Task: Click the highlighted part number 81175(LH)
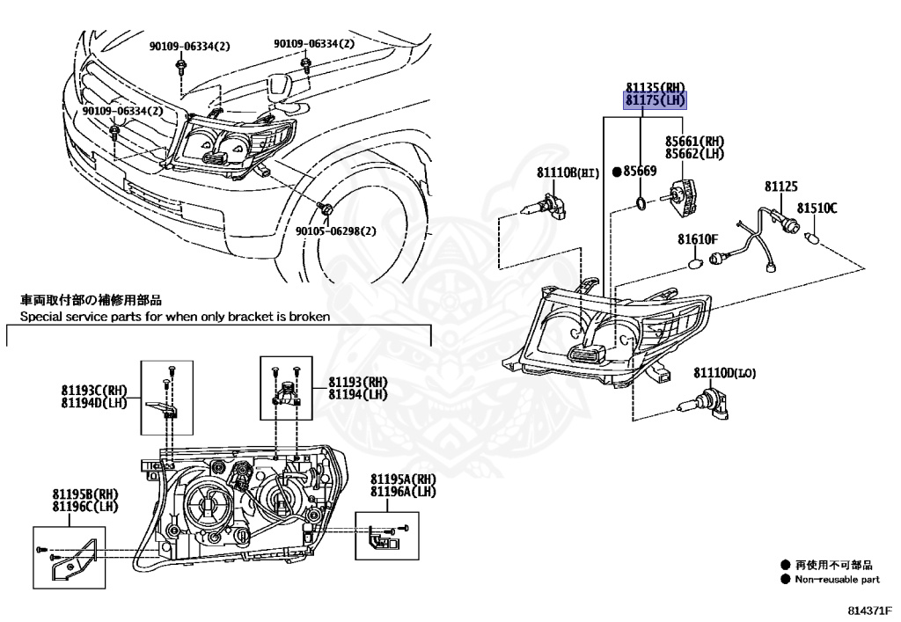pos(655,100)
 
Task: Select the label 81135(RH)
pos(655,87)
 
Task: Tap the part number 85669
pos(640,171)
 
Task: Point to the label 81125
pos(780,187)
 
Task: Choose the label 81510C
pos(817,209)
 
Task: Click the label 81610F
pos(698,238)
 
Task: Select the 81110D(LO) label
pos(724,373)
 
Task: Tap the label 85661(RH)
pos(694,141)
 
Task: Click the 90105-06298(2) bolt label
pos(335,231)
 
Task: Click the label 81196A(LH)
pos(402,491)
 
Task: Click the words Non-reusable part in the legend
pos(837,580)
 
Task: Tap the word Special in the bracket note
pos(40,317)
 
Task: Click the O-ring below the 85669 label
pos(643,206)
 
